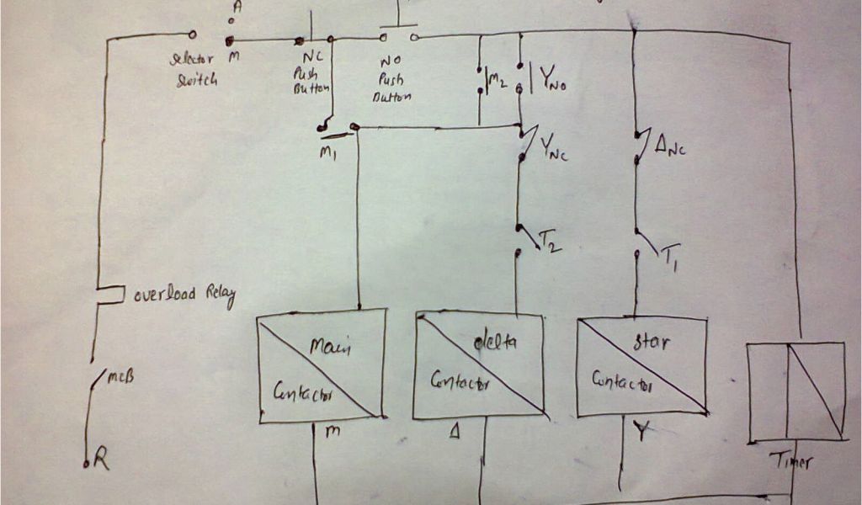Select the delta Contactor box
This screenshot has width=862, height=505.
tap(478, 365)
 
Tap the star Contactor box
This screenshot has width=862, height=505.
tap(641, 366)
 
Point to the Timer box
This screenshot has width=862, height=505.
tap(796, 391)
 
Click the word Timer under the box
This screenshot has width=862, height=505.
tap(792, 461)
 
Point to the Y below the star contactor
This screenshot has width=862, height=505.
tap(641, 432)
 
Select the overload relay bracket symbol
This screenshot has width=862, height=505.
tap(110, 295)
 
